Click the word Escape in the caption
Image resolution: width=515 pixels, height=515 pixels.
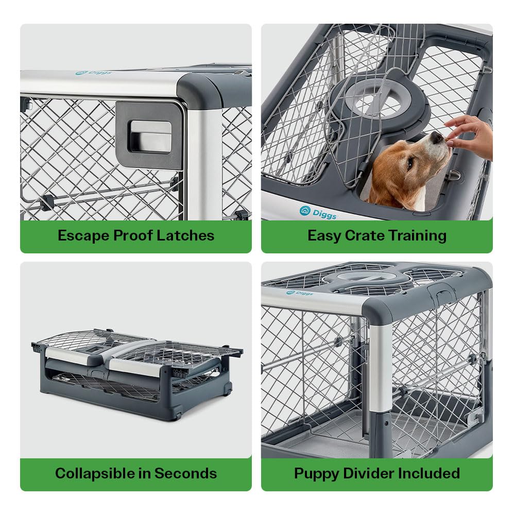click(83, 236)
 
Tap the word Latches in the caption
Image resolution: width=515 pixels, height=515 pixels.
click(187, 236)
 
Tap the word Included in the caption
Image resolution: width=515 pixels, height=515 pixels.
click(430, 473)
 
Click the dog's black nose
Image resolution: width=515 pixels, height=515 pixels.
click(437, 138)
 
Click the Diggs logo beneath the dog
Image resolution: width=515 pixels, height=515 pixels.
click(318, 212)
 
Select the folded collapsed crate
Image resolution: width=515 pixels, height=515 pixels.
click(136, 373)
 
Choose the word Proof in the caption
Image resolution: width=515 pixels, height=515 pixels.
click(135, 236)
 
